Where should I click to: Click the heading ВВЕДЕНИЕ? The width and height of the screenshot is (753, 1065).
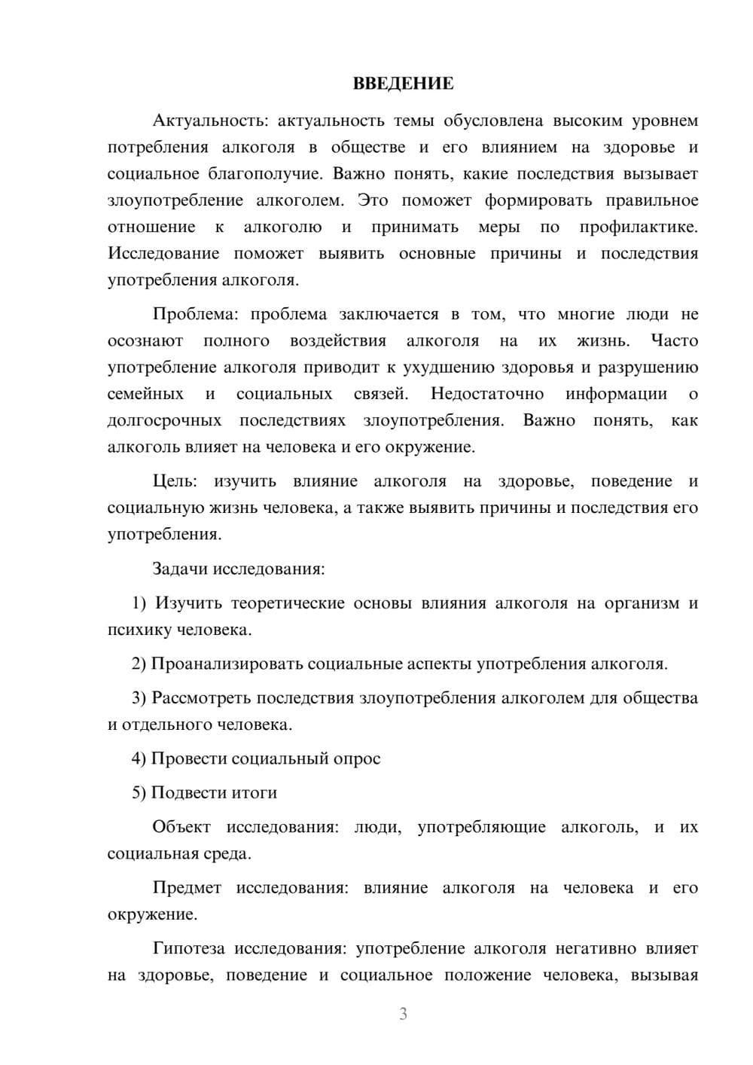pos(403,84)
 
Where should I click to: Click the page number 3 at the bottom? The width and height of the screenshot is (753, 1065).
pos(403,1014)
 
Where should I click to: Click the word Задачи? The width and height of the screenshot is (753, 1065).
pos(180,569)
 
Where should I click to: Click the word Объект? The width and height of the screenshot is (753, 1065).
pos(181,827)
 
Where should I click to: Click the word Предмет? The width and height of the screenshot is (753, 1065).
pos(187,888)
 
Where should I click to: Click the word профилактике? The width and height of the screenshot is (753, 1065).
pos(639,227)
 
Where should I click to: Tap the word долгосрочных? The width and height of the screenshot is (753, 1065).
pos(164,420)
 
